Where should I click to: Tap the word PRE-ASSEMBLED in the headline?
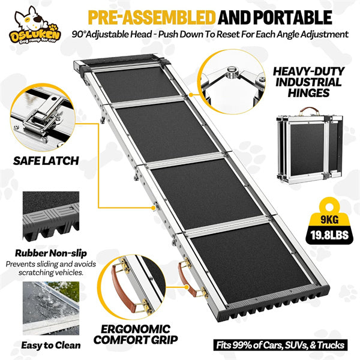click(x=152, y=17)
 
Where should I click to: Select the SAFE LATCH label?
click(x=46, y=161)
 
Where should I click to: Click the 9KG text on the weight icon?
click(x=329, y=220)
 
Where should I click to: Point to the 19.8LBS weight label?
click(x=329, y=235)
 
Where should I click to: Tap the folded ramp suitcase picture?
click(x=310, y=146)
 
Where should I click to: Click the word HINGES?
click(x=308, y=93)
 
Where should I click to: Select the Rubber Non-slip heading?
click(x=51, y=253)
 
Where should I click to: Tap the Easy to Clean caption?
click(x=51, y=346)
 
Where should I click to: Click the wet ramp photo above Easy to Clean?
click(x=51, y=308)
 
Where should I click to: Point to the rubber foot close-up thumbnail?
click(x=51, y=217)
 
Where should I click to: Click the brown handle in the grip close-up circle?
click(x=120, y=288)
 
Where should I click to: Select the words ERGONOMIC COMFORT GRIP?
click(x=136, y=334)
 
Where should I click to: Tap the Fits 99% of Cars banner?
click(x=280, y=345)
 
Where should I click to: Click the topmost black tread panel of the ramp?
click(x=137, y=85)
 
